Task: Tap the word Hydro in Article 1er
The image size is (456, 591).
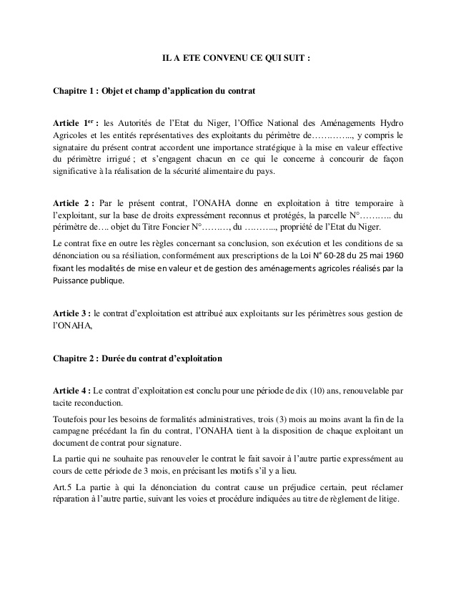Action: click(391, 121)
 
